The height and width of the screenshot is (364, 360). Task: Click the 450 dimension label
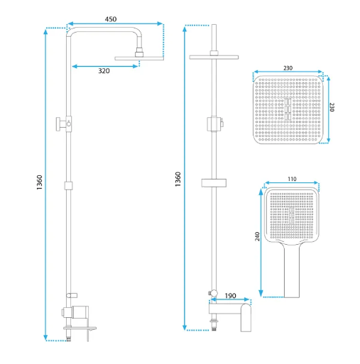tap(111, 19)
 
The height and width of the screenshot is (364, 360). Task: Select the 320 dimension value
tap(104, 71)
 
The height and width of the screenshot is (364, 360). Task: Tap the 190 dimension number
tap(230, 296)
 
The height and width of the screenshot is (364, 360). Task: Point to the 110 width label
tap(292, 179)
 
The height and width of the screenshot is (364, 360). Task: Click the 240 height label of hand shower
tap(257, 236)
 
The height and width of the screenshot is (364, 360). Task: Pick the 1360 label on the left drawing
tap(39, 182)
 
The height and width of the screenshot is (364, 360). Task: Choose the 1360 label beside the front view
tap(178, 179)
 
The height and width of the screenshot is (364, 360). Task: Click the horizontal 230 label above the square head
tap(288, 68)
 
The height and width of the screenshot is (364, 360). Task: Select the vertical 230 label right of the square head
tap(332, 107)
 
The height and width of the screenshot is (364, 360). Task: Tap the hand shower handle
tap(292, 270)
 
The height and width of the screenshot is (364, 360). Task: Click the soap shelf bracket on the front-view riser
tap(214, 183)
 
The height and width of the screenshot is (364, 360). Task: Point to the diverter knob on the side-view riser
tap(59, 123)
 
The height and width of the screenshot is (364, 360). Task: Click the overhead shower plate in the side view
tap(139, 58)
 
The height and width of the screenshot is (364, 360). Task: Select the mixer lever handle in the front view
tap(246, 318)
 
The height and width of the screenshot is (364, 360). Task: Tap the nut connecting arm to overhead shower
tap(139, 53)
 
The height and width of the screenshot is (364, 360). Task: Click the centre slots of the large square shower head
tap(288, 109)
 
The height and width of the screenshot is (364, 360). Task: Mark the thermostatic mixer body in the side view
tap(80, 312)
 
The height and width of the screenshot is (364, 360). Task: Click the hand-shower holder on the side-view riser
tap(72, 295)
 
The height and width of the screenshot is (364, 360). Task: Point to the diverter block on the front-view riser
tap(214, 123)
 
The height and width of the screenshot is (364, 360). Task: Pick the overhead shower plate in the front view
tap(214, 57)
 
